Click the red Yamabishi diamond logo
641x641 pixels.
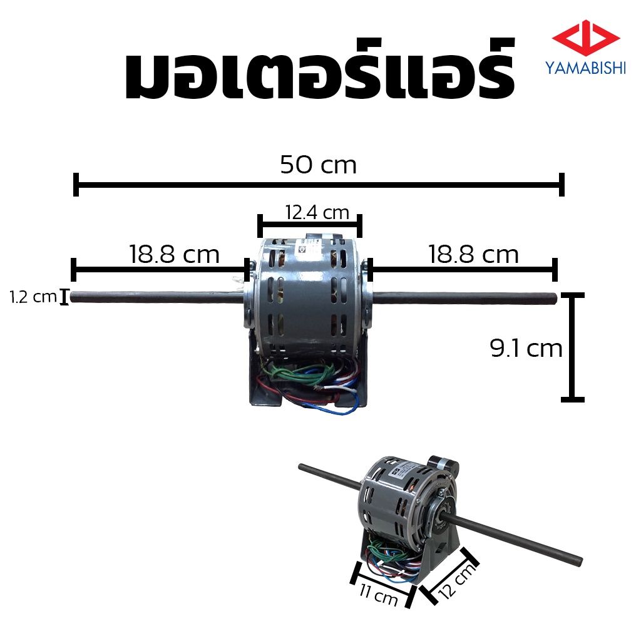tap(586, 38)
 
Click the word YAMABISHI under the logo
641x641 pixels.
tap(585, 68)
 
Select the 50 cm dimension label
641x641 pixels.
tap(319, 165)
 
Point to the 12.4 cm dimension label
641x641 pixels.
tap(317, 213)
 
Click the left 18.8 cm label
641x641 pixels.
tap(175, 254)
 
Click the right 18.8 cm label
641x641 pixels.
tap(473, 254)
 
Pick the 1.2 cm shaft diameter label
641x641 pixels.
tap(33, 297)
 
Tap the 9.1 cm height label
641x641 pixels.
tap(526, 349)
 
